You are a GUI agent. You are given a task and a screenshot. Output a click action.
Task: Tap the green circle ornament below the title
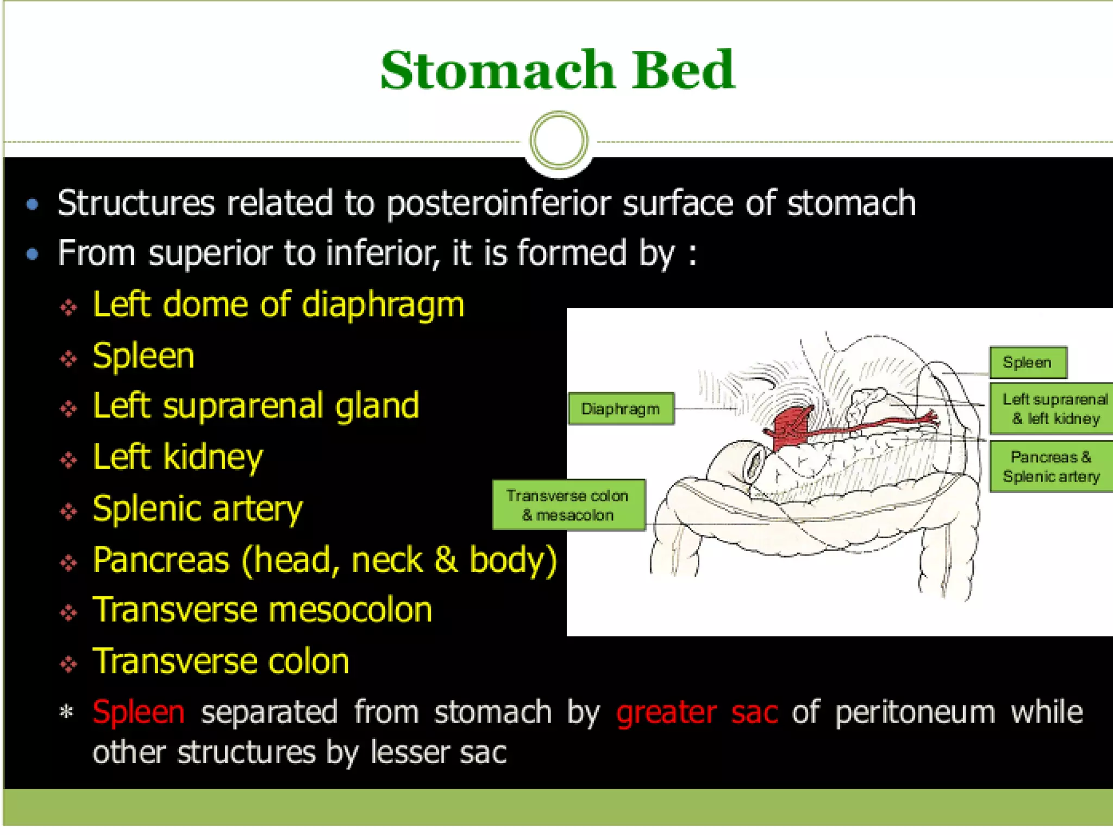click(559, 140)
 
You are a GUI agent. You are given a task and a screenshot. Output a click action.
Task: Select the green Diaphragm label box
click(621, 409)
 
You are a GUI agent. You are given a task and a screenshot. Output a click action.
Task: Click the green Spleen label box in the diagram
click(1027, 363)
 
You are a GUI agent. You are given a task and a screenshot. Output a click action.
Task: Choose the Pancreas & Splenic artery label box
click(1051, 466)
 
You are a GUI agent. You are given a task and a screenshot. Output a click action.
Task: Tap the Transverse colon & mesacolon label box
click(568, 505)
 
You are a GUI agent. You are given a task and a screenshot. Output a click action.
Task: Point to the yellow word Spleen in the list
click(143, 357)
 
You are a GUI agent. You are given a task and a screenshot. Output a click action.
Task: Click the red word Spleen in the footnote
click(139, 712)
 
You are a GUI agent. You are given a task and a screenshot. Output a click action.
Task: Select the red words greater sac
click(697, 712)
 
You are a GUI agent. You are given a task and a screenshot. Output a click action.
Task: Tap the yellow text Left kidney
click(178, 457)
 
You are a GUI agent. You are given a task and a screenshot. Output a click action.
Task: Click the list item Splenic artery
click(197, 509)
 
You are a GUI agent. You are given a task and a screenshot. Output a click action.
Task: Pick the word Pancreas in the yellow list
click(161, 560)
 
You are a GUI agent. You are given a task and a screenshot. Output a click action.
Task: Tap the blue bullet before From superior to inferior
click(33, 254)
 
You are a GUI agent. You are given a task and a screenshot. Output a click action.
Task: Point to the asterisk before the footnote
click(66, 712)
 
